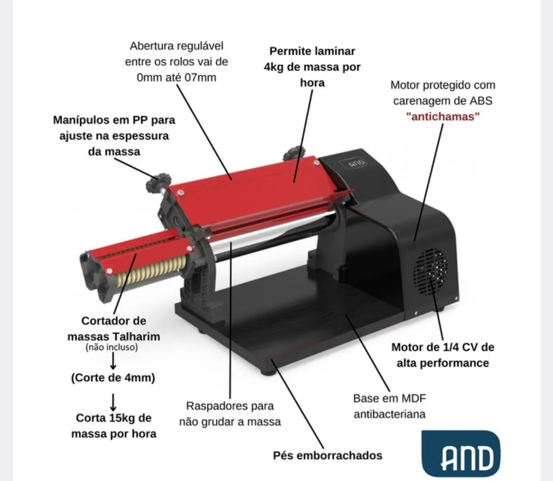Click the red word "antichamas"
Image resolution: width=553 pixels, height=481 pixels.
point(443,117)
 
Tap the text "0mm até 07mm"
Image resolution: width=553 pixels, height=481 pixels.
point(177,78)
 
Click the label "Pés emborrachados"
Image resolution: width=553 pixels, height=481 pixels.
point(327,456)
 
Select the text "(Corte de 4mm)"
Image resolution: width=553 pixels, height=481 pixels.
point(113,377)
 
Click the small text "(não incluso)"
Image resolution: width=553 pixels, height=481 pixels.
point(111,347)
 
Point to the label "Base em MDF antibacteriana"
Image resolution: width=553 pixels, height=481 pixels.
point(390,406)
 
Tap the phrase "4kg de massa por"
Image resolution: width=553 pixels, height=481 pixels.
point(312,67)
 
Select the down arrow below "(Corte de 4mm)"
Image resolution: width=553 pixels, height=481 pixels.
point(113,402)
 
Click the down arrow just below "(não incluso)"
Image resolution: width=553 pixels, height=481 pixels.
point(114,361)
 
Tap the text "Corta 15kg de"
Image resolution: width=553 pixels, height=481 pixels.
point(114,418)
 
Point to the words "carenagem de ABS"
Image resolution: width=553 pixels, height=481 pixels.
point(443,101)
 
